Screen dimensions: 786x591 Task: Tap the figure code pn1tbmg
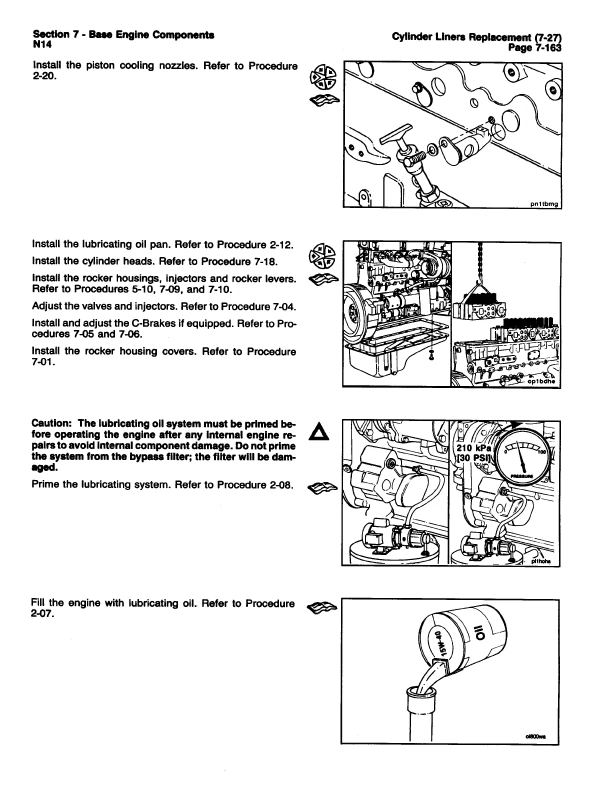(545, 203)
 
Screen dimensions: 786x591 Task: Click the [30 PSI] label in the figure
(474, 458)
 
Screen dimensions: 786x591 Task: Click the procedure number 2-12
(281, 245)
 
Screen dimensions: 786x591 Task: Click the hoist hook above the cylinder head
(480, 282)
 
